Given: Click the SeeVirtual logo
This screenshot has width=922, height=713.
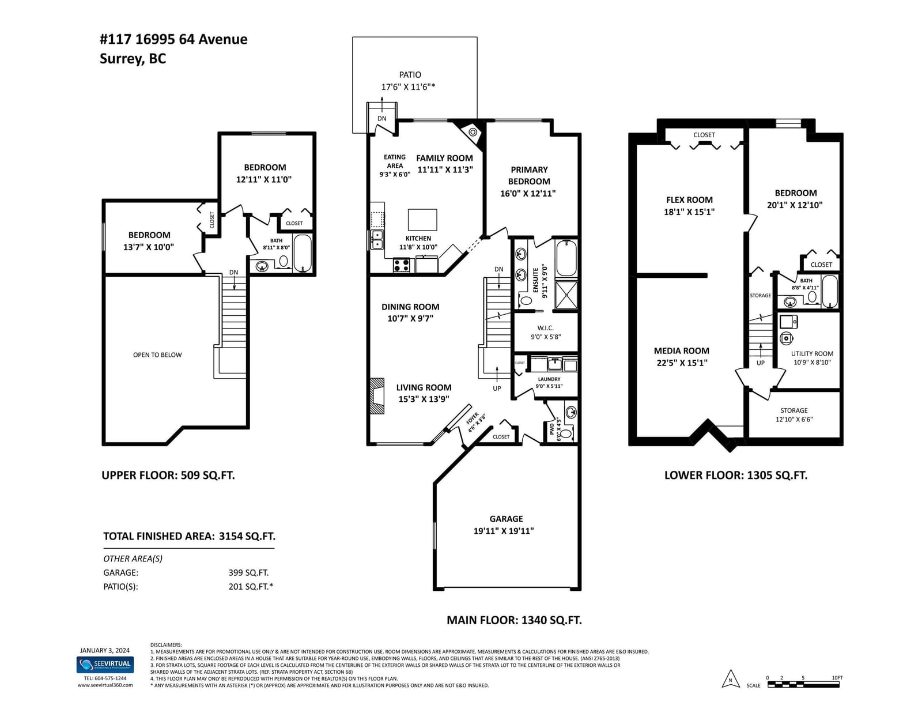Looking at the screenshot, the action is pyautogui.click(x=105, y=665).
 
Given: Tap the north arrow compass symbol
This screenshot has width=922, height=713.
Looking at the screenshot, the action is pyautogui.click(x=730, y=678).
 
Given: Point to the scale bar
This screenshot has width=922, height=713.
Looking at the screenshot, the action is pyautogui.click(x=803, y=684).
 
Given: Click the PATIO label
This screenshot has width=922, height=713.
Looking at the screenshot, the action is pyautogui.click(x=410, y=75).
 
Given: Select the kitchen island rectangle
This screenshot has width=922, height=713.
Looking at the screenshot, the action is pyautogui.click(x=422, y=220).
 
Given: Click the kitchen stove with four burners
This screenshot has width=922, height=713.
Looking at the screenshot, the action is pyautogui.click(x=402, y=265).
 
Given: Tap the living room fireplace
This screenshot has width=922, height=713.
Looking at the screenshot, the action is pyautogui.click(x=376, y=396).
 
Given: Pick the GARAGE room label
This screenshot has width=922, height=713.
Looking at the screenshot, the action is pyautogui.click(x=506, y=519).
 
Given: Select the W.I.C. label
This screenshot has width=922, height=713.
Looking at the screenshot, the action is pyautogui.click(x=545, y=327).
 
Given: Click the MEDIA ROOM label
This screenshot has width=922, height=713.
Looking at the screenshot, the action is pyautogui.click(x=682, y=350).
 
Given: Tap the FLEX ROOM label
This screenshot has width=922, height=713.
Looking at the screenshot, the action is pyautogui.click(x=690, y=199).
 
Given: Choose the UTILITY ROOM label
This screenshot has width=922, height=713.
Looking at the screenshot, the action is pyautogui.click(x=812, y=353).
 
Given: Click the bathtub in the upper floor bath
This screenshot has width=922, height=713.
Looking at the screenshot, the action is pyautogui.click(x=303, y=253).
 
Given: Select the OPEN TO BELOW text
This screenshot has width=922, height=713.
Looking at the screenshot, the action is pyautogui.click(x=157, y=355).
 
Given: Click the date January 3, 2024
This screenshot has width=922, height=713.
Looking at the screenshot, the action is pyautogui.click(x=105, y=650).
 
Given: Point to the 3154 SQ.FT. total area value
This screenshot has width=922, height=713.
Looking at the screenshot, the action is pyautogui.click(x=247, y=536).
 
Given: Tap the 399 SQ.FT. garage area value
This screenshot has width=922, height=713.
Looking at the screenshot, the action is pyautogui.click(x=248, y=572).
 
